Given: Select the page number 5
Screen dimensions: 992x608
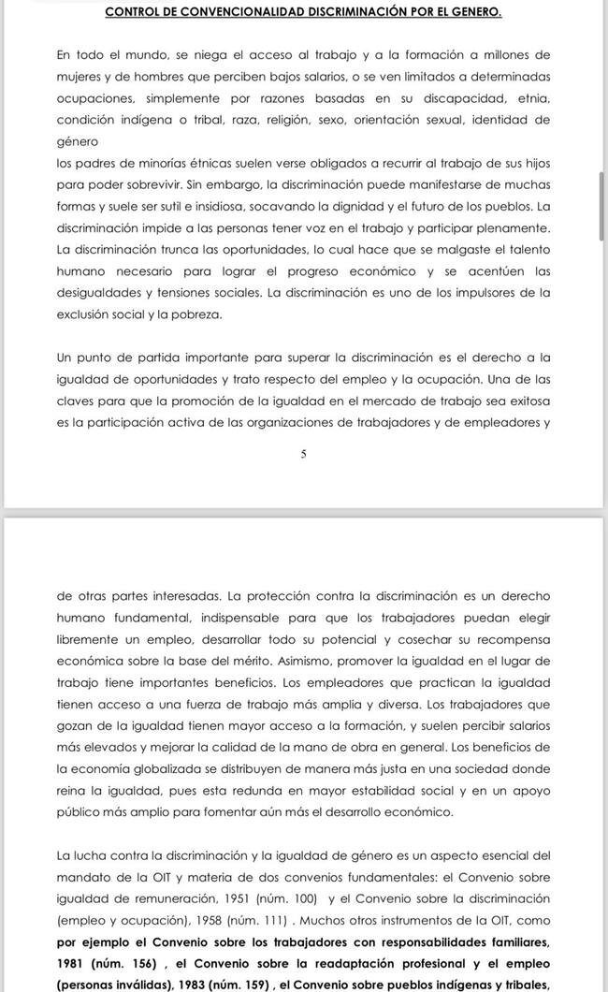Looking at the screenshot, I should [x=303, y=454].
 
